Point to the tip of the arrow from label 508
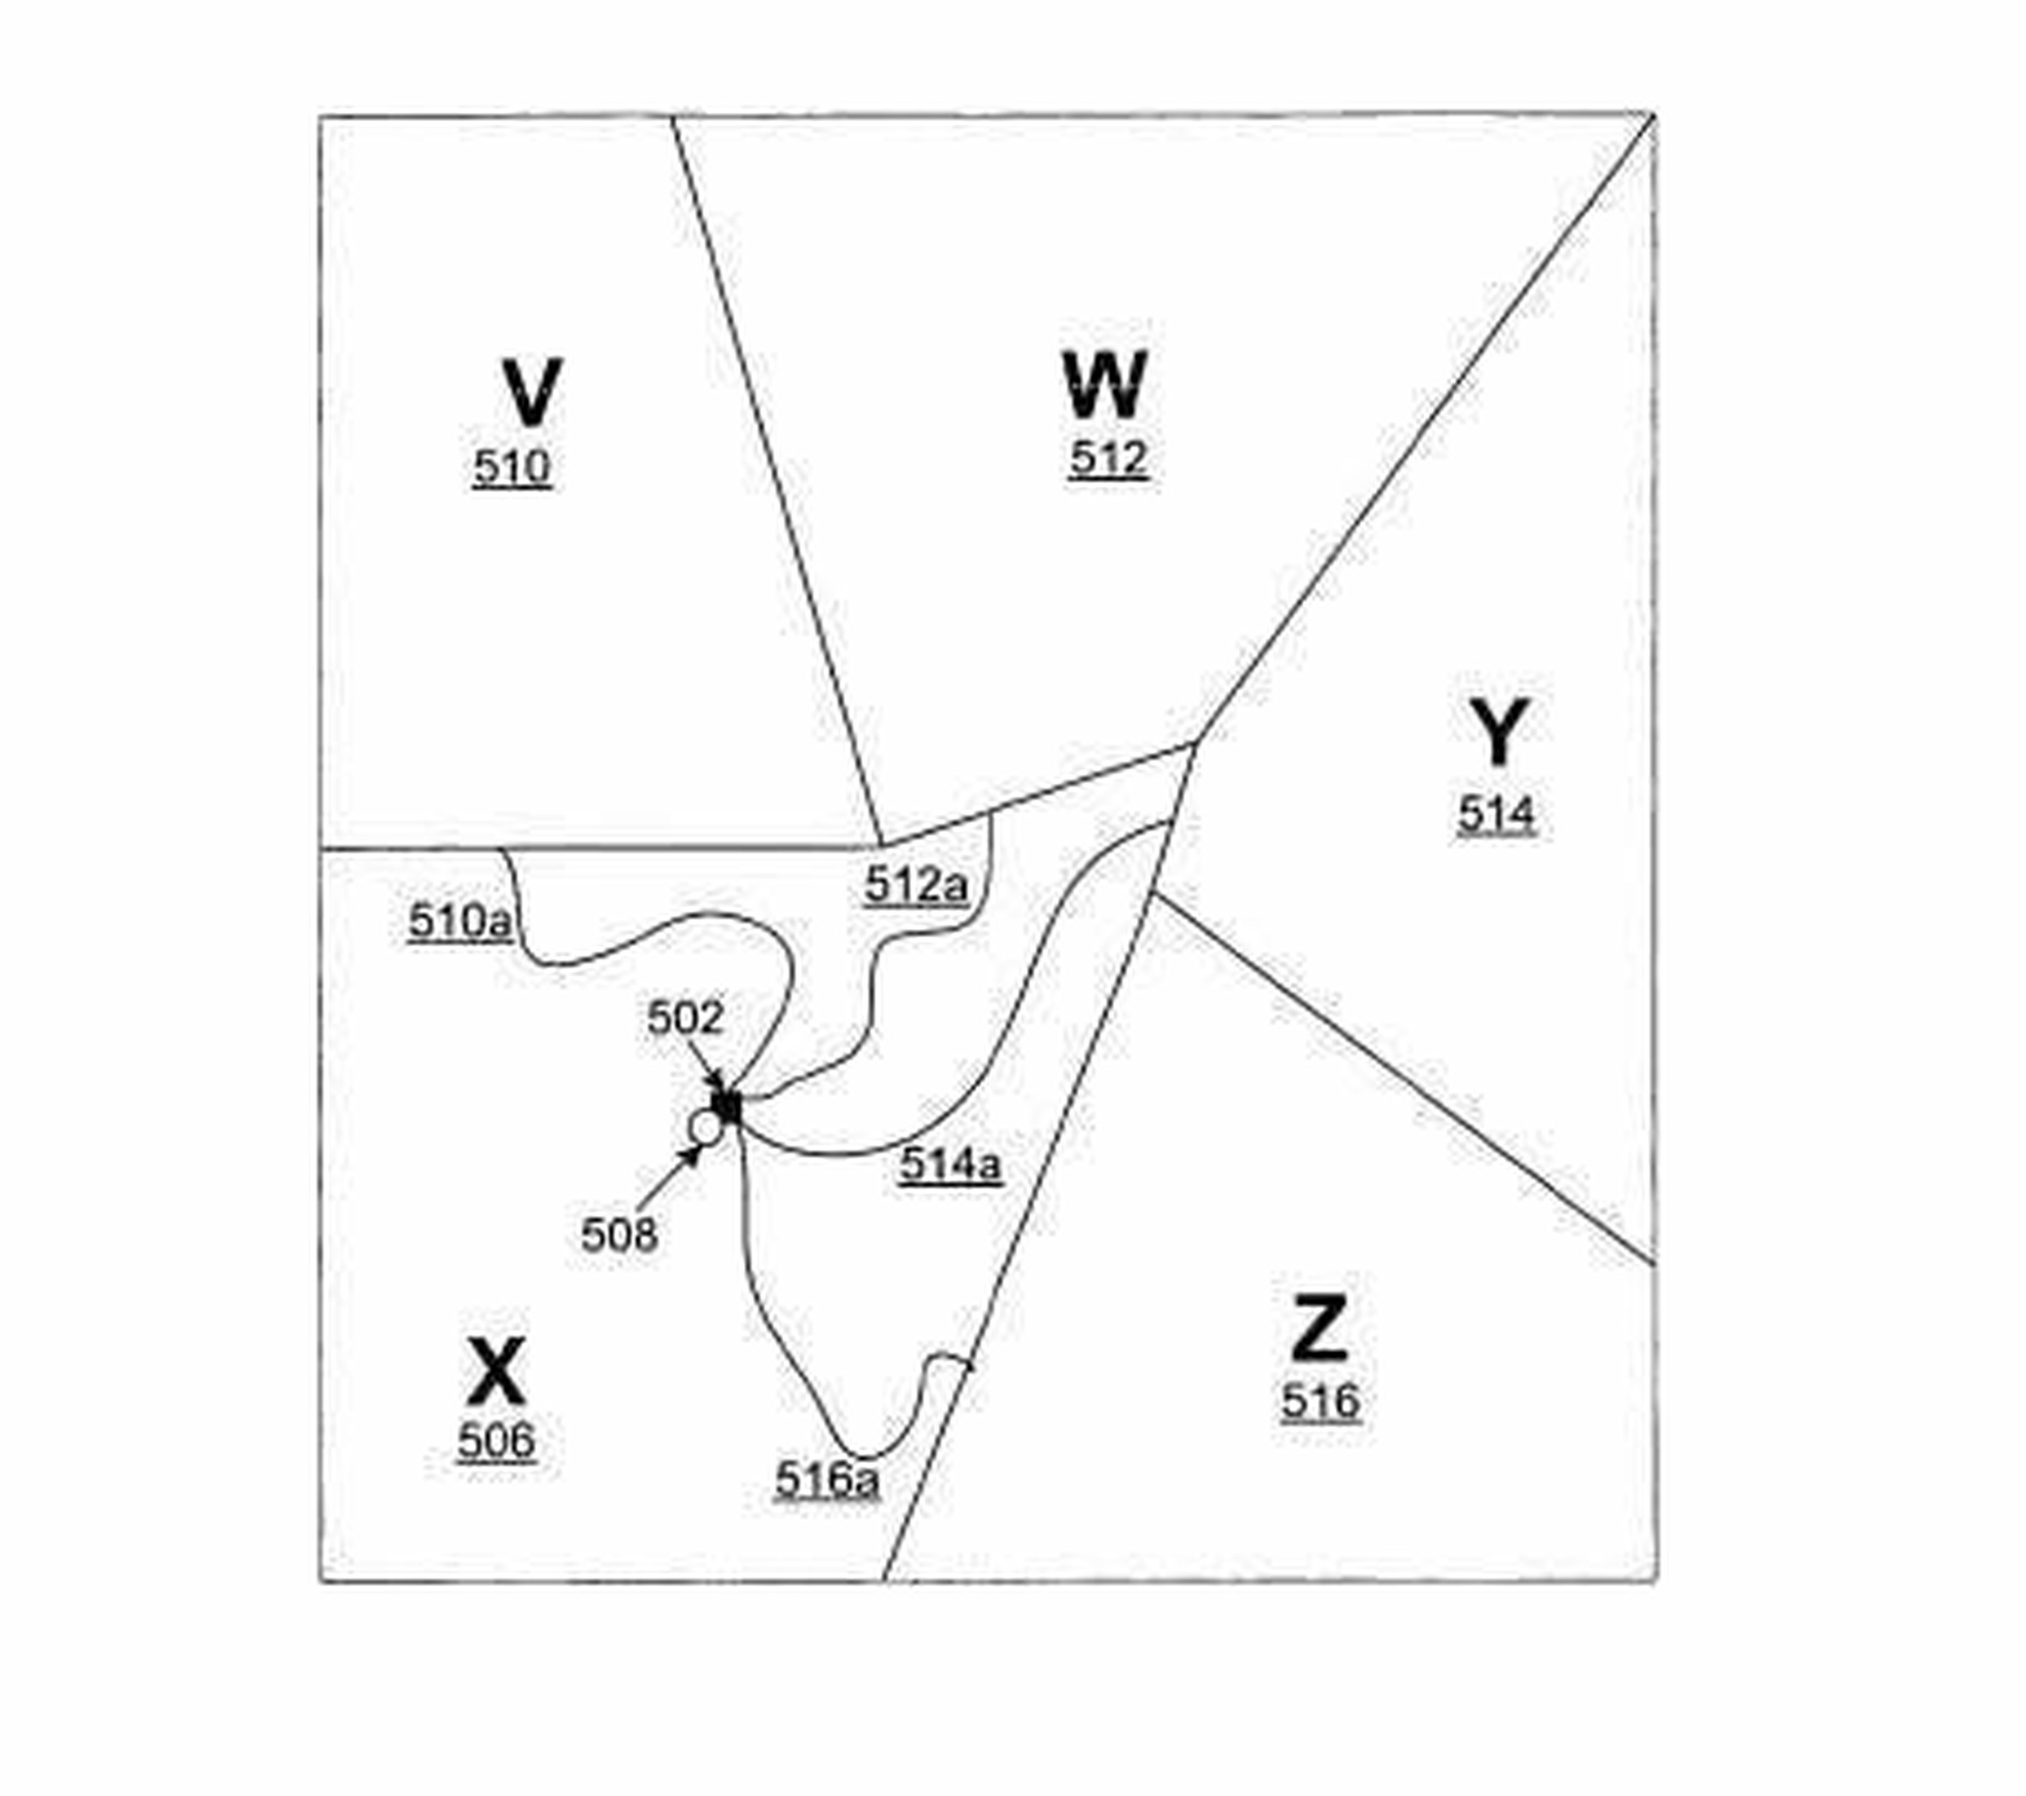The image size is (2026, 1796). click(x=701, y=1147)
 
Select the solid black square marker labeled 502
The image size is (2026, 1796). click(x=728, y=1106)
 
